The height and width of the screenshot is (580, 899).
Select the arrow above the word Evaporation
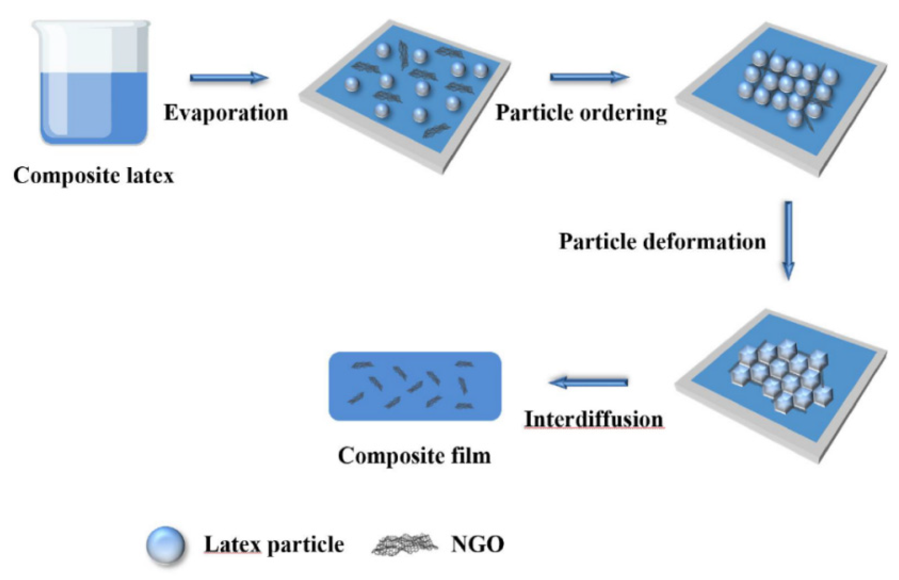pos(229,78)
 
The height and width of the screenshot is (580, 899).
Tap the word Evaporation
pos(226,113)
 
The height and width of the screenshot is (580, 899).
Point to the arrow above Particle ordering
pos(589,77)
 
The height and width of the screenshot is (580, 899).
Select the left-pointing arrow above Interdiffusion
pos(588,382)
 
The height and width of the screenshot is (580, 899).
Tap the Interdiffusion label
pos(593,419)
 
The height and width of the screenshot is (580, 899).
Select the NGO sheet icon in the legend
pos(404,544)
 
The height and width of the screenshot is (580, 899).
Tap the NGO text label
pos(477,544)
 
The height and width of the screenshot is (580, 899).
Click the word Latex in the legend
pos(232,544)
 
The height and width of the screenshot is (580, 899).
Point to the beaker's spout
pos(37,26)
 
